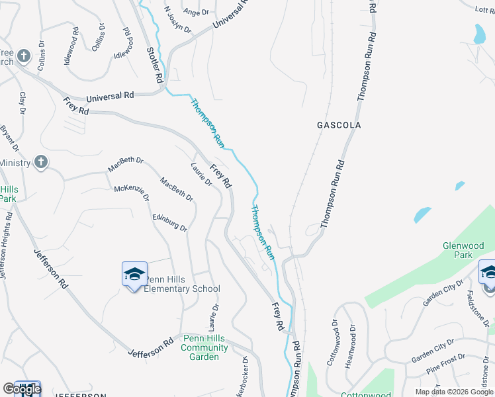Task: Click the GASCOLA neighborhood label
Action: (339, 125)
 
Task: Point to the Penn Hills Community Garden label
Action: (205, 347)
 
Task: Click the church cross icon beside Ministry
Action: (40, 161)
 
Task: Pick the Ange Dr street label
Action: (195, 12)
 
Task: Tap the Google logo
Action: (22, 389)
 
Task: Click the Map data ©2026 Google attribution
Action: (453, 392)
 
